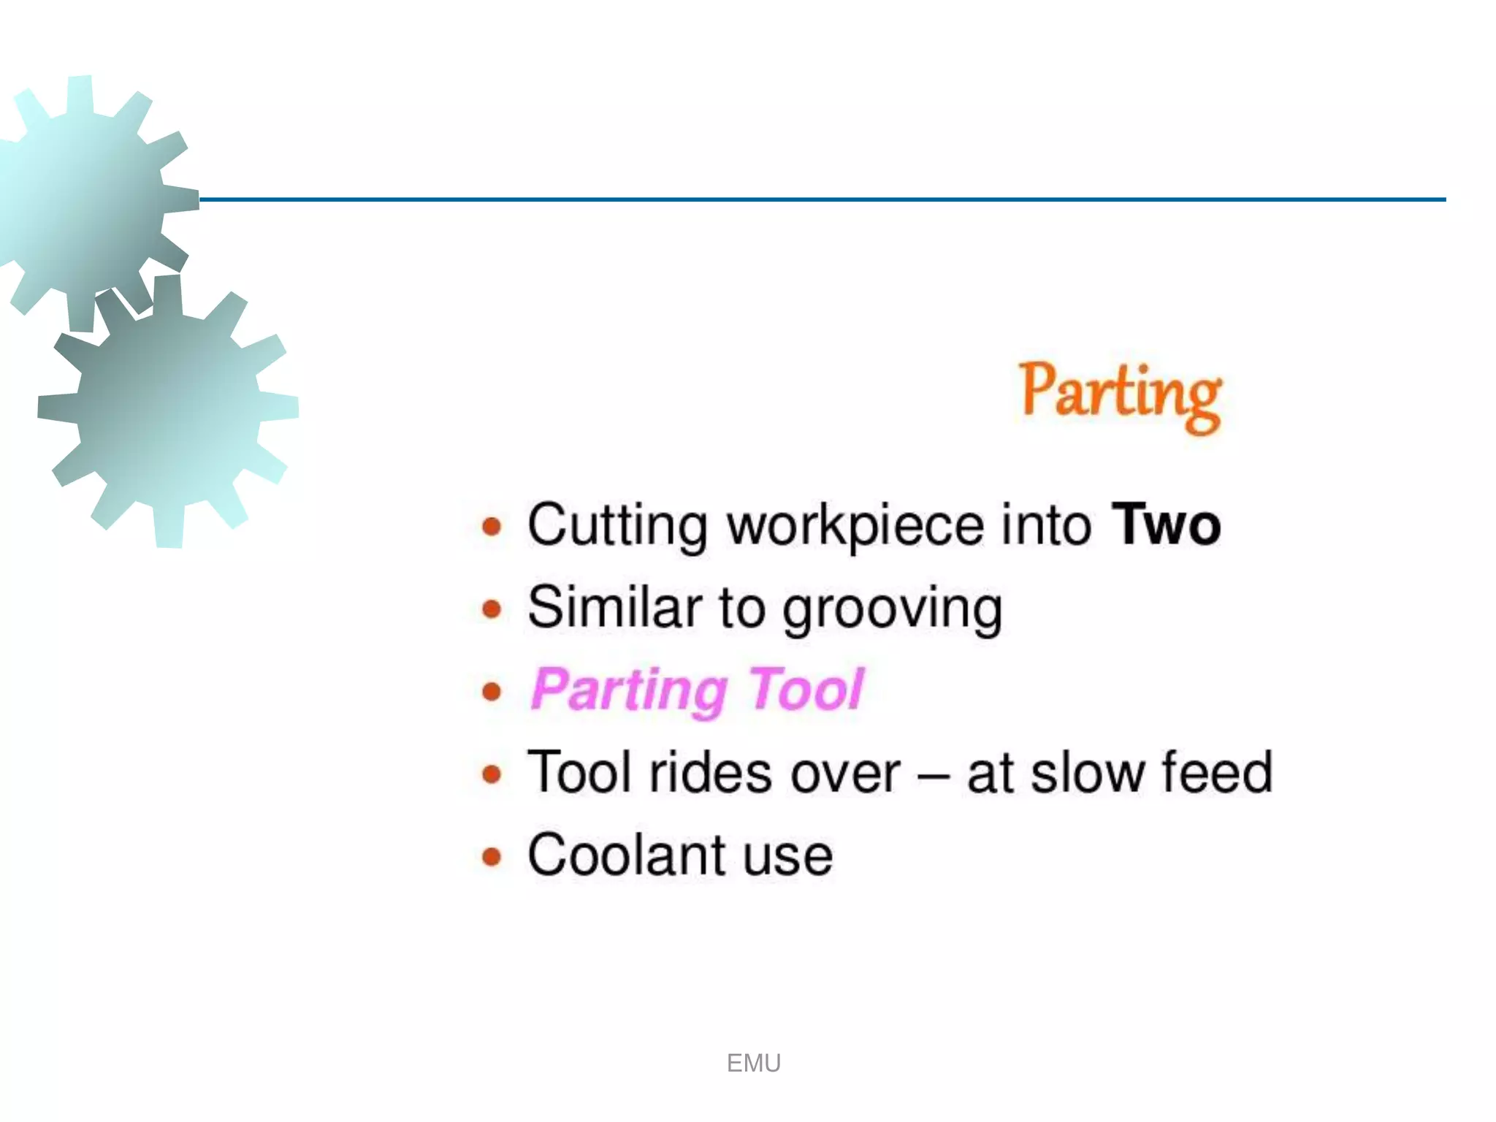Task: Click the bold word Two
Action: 1166,525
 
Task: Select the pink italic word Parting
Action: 629,690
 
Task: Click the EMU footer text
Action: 754,1064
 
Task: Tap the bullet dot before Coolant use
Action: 492,856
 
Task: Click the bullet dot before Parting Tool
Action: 492,691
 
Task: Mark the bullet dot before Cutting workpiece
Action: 492,526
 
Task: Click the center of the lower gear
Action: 168,411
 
